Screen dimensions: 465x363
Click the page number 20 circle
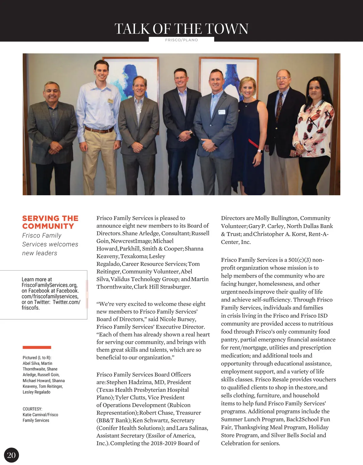click(11, 455)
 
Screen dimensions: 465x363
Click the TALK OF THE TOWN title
click(181, 29)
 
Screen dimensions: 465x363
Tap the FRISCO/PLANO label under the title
click(181, 40)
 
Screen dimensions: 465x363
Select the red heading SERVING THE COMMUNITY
click(50, 222)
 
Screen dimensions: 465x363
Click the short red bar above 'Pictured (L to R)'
click(37, 347)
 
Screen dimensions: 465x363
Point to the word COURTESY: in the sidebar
click(32, 409)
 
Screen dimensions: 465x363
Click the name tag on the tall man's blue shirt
click(110, 101)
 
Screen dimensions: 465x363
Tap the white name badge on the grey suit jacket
click(222, 112)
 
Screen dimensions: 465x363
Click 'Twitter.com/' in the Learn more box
click(67, 302)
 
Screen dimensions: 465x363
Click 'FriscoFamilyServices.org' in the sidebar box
click(49, 285)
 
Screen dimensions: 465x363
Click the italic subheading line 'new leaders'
click(40, 253)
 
